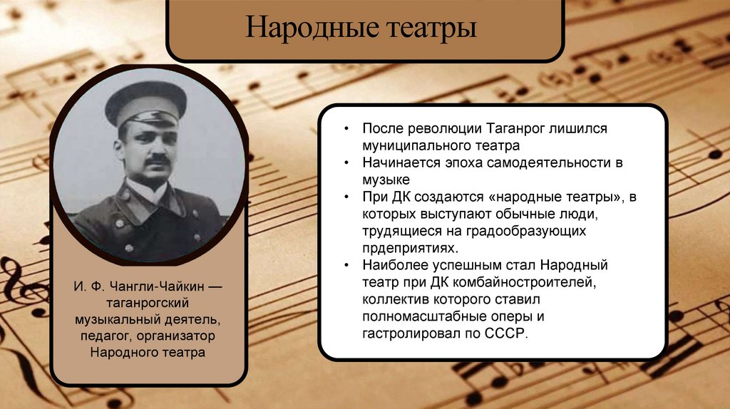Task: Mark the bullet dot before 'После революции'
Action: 346,129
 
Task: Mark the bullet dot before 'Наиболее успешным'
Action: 346,266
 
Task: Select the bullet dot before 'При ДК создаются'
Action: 346,197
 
